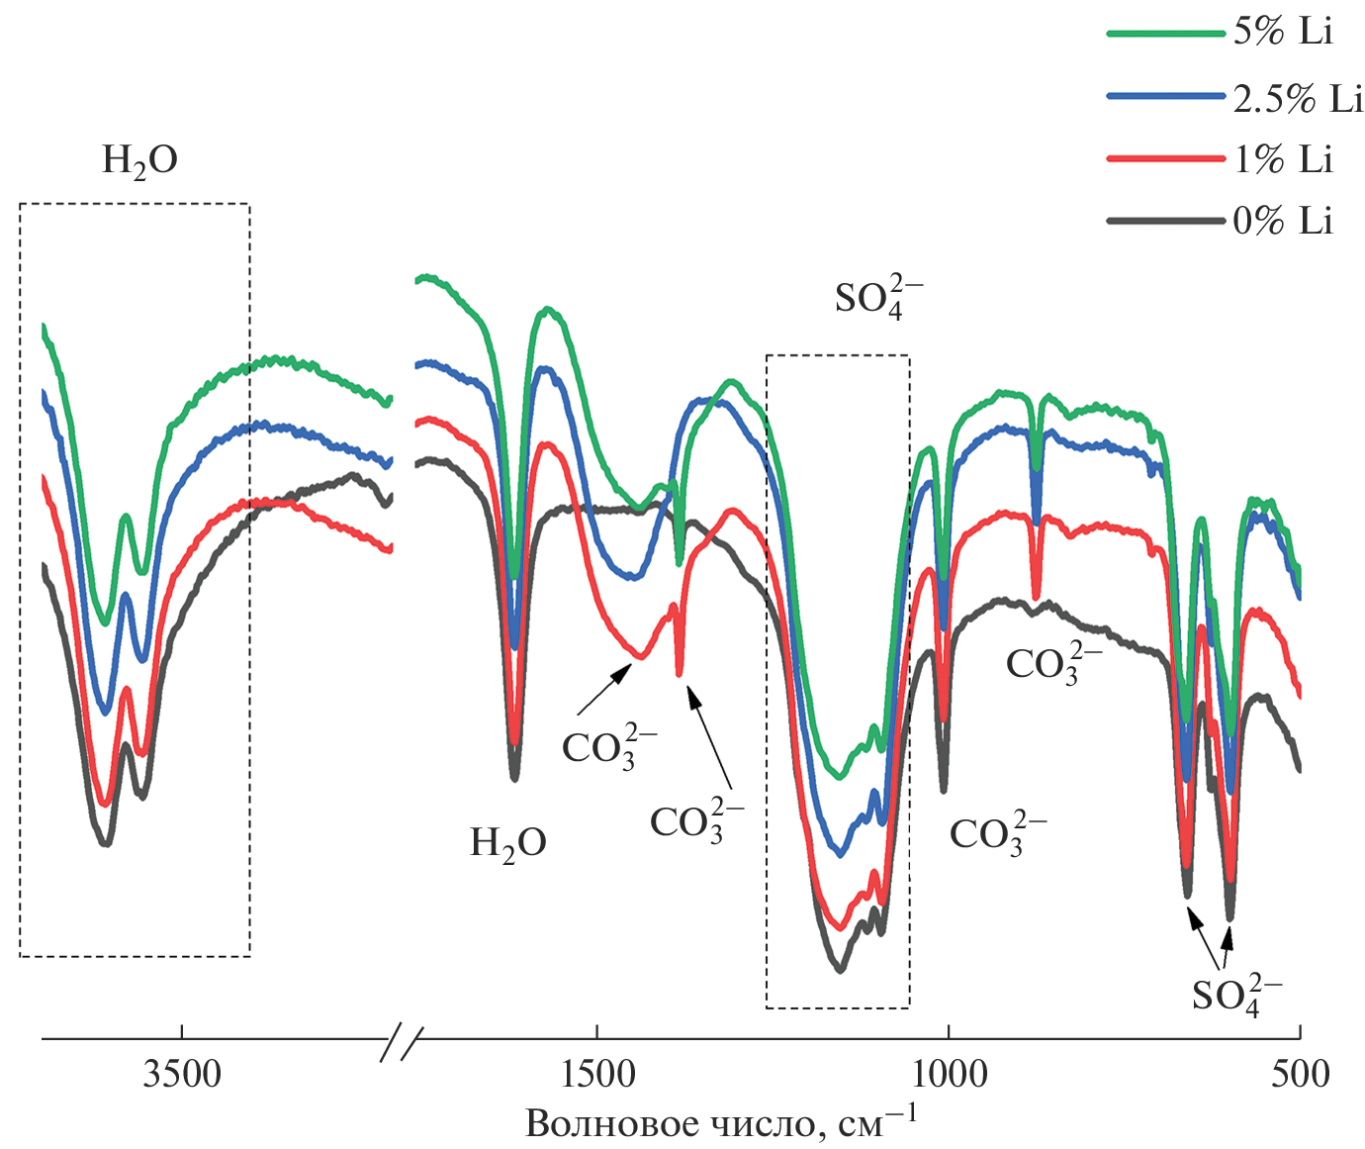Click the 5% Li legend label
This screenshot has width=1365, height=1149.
(1283, 32)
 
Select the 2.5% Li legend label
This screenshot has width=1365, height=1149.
(1298, 98)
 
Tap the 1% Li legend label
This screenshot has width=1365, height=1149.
(1283, 159)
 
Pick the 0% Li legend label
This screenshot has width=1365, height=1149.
(1283, 221)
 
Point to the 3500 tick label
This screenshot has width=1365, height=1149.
(182, 1073)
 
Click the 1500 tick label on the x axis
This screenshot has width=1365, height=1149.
(596, 1073)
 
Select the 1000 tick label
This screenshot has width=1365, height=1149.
(949, 1073)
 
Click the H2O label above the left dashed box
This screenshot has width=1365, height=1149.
(139, 161)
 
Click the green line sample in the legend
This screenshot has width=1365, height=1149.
(1165, 33)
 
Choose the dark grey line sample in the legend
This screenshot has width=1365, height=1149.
(1165, 222)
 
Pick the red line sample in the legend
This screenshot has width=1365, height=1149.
(1165, 159)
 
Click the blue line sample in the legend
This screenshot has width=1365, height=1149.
(1165, 97)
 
